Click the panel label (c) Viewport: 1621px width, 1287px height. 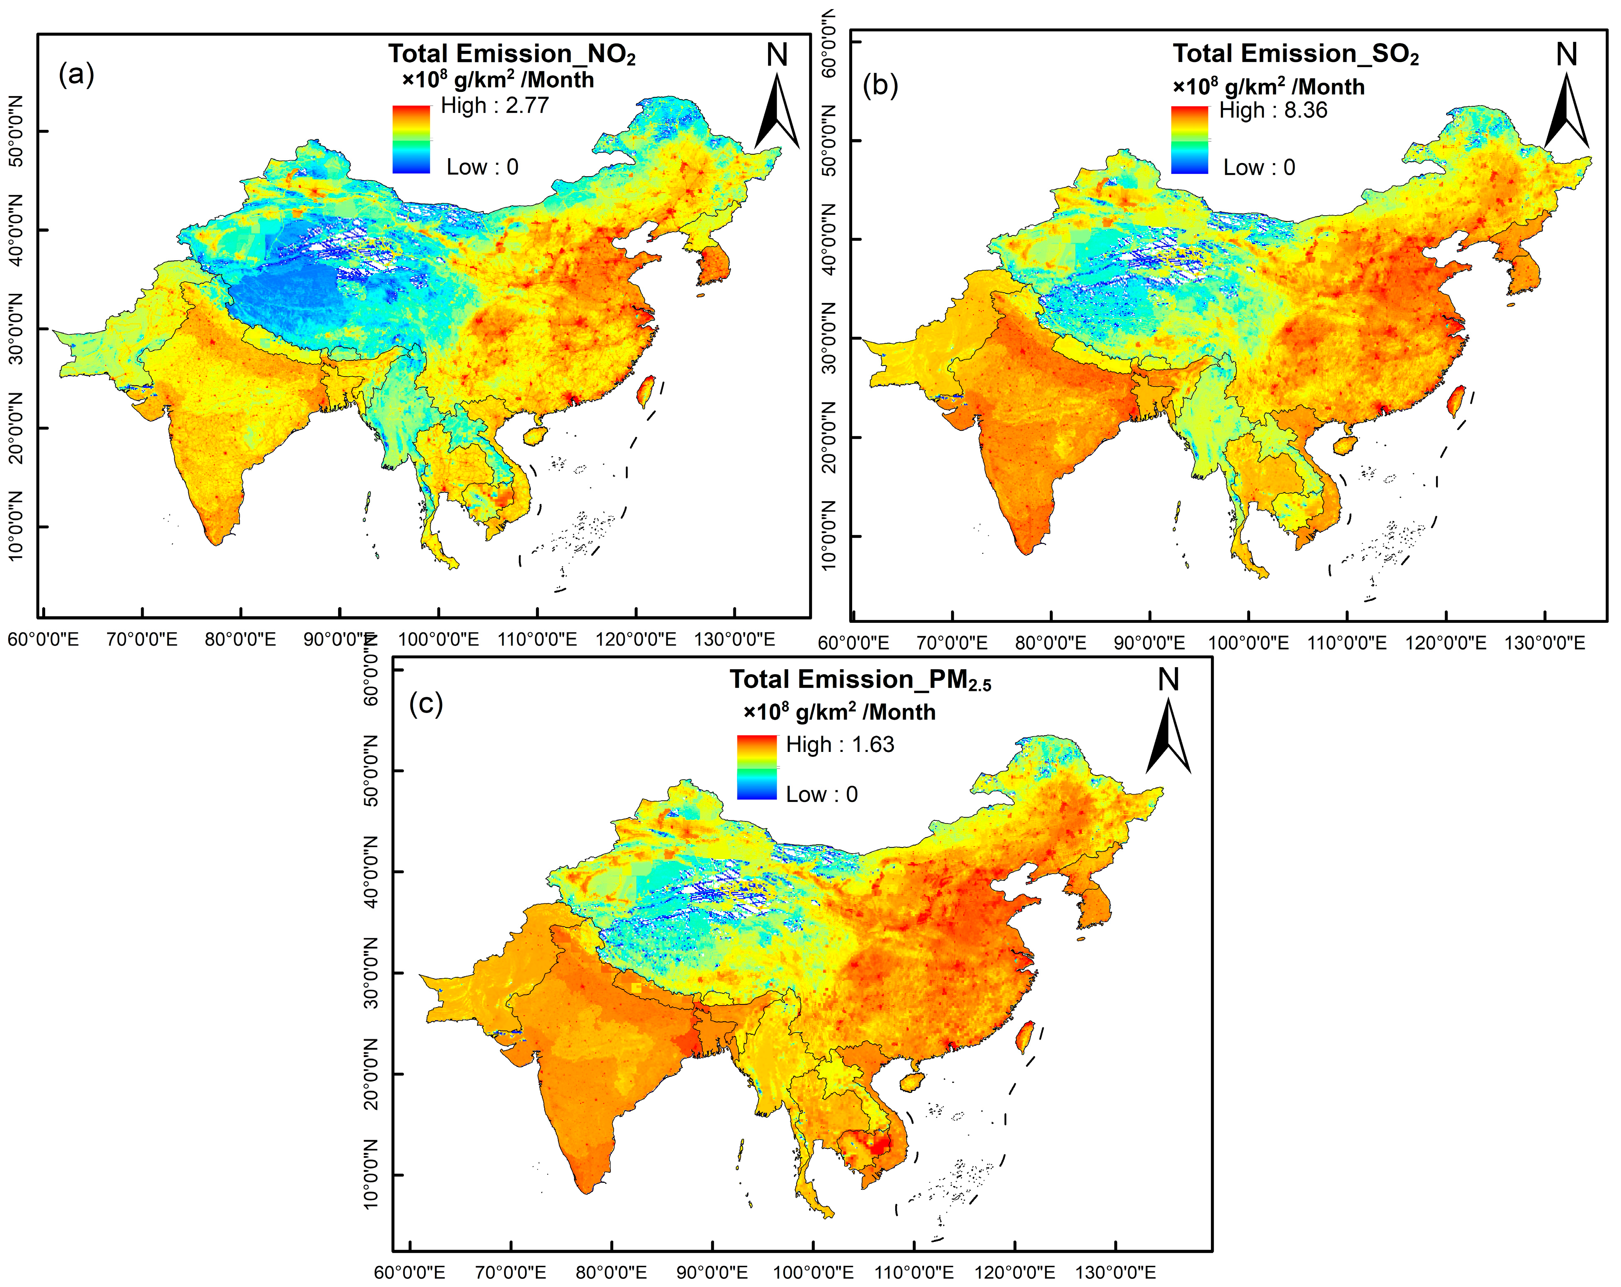click(425, 704)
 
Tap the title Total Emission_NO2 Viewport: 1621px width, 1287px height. click(511, 54)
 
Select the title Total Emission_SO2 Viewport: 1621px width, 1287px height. click(1295, 54)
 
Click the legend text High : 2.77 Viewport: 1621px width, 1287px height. click(495, 105)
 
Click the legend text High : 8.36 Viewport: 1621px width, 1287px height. click(1273, 110)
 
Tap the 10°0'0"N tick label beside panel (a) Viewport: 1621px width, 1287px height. click(15, 526)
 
